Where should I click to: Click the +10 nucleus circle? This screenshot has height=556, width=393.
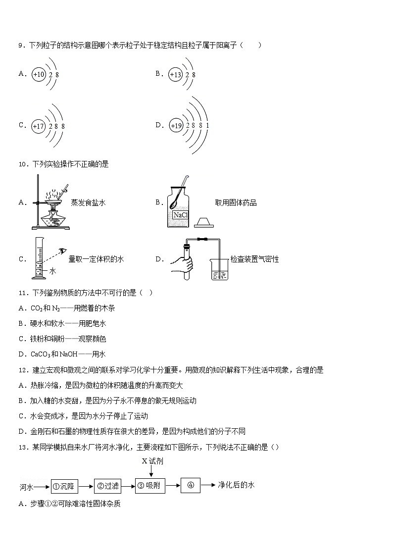point(39,74)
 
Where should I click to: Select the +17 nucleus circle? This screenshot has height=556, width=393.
point(39,126)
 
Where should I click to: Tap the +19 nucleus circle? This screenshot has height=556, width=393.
point(176,126)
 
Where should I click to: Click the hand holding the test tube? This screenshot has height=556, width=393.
point(182,263)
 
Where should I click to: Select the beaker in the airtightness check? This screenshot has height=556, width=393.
point(220,269)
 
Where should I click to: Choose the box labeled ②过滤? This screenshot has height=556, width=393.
point(107,487)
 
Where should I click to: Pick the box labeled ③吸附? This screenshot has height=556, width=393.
point(150,486)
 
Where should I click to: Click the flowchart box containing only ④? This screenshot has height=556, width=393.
point(191,486)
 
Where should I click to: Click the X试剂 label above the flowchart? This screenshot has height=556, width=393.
point(152,461)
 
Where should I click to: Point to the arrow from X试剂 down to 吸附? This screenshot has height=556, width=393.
point(150,472)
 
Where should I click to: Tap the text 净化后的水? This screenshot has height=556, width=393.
point(236,485)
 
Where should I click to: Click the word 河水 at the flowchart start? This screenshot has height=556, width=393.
point(26,487)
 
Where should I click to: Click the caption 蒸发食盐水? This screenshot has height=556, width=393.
point(89,202)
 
